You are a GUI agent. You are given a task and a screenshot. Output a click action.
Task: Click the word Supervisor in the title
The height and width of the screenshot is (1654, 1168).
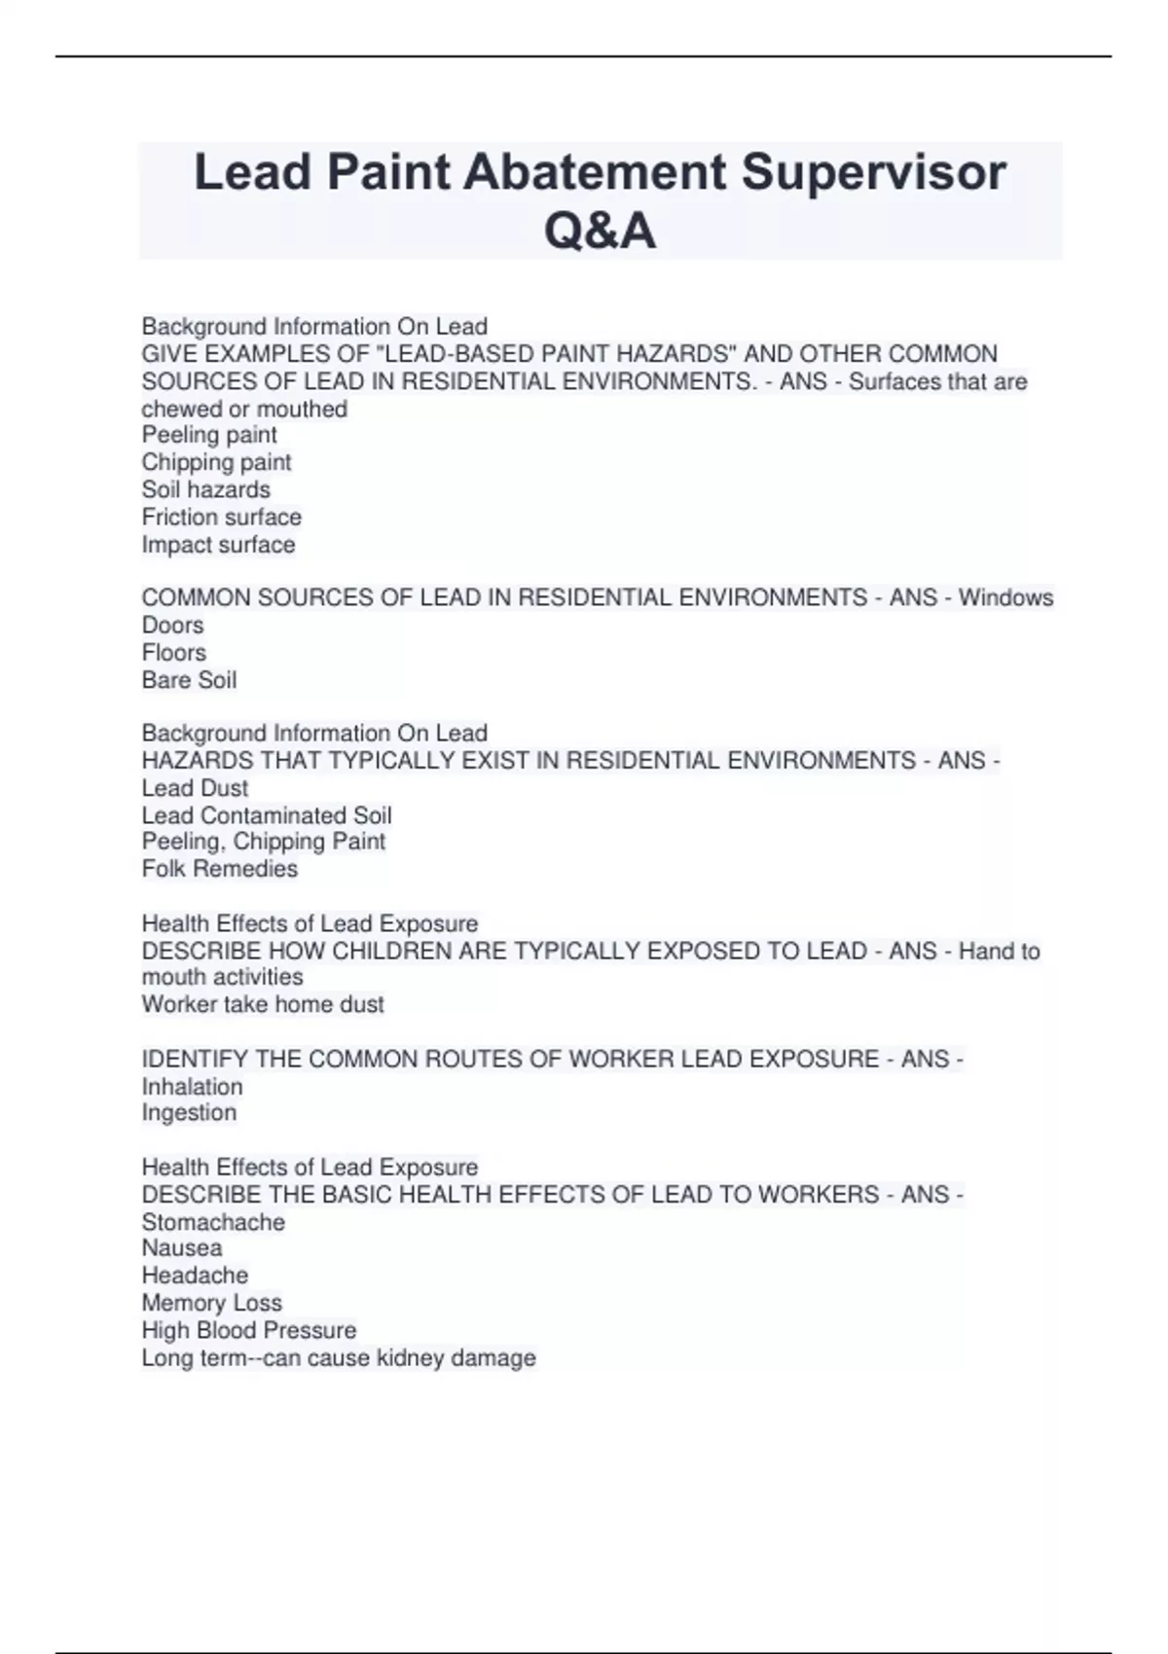(x=873, y=172)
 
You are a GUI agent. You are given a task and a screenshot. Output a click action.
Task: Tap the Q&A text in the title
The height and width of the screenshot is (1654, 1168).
(x=600, y=232)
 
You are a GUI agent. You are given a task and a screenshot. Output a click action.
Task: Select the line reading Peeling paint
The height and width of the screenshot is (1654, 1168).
(x=209, y=435)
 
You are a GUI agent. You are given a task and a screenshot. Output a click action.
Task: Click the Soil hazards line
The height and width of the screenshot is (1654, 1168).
(x=205, y=489)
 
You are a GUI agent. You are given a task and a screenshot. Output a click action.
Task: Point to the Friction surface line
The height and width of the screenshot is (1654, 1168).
(x=221, y=517)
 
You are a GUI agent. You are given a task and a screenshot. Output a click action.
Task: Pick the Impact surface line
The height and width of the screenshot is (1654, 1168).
(x=218, y=545)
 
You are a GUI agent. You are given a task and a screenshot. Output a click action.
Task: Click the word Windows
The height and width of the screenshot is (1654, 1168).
(x=1005, y=597)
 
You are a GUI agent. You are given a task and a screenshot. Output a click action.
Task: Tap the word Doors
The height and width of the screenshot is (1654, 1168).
(x=172, y=625)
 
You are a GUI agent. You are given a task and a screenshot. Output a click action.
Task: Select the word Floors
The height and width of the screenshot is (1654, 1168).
(x=173, y=652)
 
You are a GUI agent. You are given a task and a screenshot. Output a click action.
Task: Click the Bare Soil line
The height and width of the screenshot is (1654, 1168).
(x=189, y=680)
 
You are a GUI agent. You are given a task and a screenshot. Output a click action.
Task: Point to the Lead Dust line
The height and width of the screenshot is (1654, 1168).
(x=195, y=788)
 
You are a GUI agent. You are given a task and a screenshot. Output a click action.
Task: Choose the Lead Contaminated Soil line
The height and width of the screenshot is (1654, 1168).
(x=267, y=815)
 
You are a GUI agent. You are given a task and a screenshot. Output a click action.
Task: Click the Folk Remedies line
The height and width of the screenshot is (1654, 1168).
(x=219, y=869)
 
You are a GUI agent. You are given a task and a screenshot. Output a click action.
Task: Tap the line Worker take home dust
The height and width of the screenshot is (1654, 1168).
(x=263, y=1004)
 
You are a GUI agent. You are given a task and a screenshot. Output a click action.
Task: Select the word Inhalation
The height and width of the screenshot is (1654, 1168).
(x=192, y=1087)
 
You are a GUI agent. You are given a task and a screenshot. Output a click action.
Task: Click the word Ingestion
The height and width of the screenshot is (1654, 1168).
(x=189, y=1113)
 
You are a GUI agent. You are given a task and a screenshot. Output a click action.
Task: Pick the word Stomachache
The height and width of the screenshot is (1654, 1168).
(x=213, y=1222)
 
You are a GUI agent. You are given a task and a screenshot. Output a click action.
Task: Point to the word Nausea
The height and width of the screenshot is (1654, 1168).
(x=181, y=1248)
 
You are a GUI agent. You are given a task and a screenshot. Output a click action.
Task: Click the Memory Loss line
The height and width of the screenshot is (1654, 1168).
(x=211, y=1303)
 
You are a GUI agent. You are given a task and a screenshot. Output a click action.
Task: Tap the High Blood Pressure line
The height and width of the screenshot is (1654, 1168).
(x=248, y=1330)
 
